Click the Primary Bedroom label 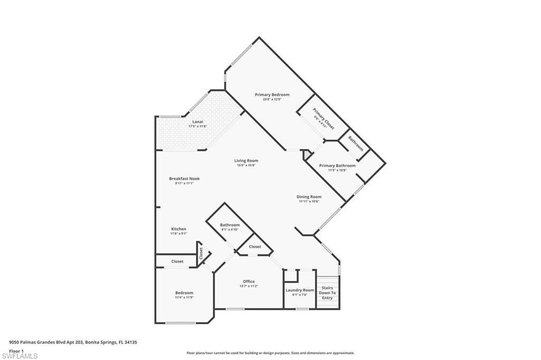coord(272,94)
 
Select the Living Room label coord(247,160)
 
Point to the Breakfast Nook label coord(184,178)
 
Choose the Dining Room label coord(309,197)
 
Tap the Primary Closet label coord(323,119)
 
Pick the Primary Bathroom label coord(337,165)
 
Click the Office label coord(249,281)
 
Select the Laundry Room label coord(300,290)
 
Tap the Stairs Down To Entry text coord(327,292)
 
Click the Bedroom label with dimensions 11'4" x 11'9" coord(184,292)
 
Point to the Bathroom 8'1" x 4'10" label coord(230,225)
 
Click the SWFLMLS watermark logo coord(19,355)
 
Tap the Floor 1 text coord(16,350)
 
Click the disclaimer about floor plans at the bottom coord(270,353)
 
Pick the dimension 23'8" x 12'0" coord(272,99)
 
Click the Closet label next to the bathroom coord(255,247)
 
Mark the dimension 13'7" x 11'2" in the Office coord(249,286)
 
